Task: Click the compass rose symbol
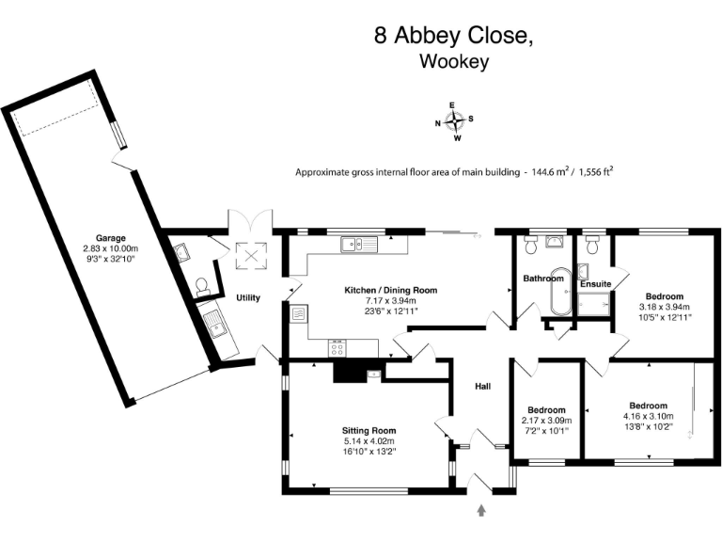tap(454, 121)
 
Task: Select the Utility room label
tap(248, 297)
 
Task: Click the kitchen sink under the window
tap(360, 245)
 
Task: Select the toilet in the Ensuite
tap(591, 247)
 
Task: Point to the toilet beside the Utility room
tap(202, 285)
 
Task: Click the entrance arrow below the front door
tap(483, 510)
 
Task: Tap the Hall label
tap(482, 386)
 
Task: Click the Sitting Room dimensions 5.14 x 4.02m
tap(369, 440)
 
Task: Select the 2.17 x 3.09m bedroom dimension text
tap(546, 421)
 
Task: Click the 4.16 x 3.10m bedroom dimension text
tap(648, 417)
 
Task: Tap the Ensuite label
tap(595, 283)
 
